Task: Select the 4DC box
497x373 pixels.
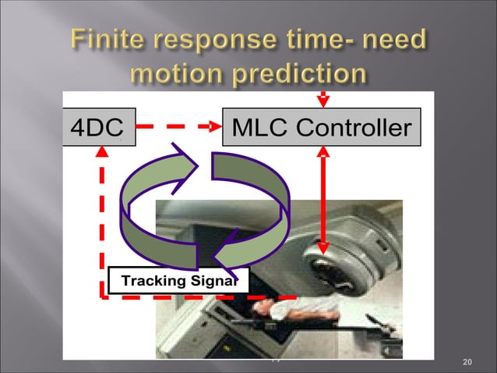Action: [x=98, y=126]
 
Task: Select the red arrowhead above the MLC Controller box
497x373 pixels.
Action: [x=323, y=101]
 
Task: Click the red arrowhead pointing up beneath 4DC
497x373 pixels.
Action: [x=102, y=156]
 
